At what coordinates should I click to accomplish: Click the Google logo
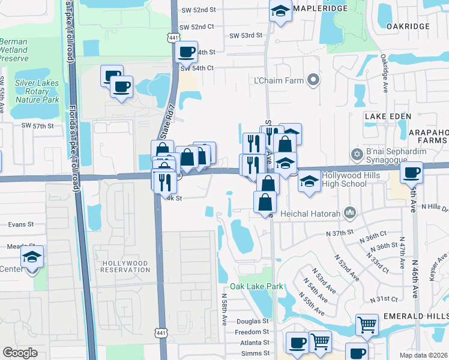point(20,353)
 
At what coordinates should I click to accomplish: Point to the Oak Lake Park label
point(261,286)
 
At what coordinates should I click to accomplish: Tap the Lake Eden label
point(388,116)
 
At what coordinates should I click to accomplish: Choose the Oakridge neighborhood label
point(408,26)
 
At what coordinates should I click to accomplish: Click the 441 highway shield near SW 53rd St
point(173,38)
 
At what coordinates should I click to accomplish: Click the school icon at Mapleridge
point(280,11)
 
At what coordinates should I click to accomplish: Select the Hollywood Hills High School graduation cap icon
point(309,181)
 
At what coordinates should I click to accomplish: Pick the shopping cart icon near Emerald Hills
point(367,325)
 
